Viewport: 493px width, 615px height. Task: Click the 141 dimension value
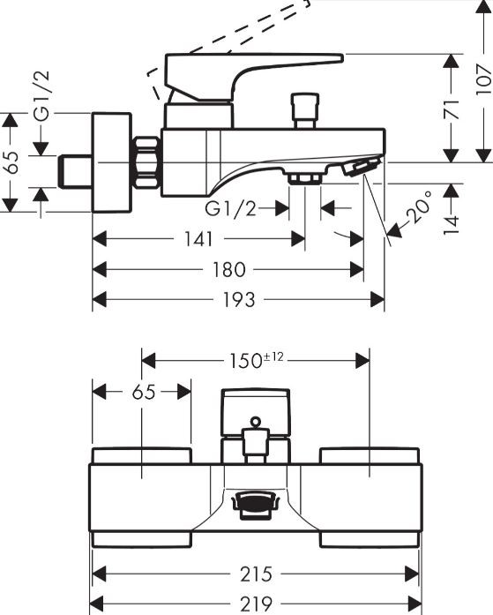pyautogui.click(x=198, y=239)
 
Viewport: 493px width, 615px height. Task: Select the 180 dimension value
pyautogui.click(x=229, y=269)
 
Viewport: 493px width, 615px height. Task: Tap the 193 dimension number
pyautogui.click(x=239, y=300)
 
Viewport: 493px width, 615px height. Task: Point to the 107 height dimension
pyautogui.click(x=483, y=80)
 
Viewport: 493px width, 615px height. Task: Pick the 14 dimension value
pyautogui.click(x=452, y=225)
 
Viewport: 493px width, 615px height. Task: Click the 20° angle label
pyautogui.click(x=419, y=206)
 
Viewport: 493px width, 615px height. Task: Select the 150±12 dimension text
pyautogui.click(x=256, y=361)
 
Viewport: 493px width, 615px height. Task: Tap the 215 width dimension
pyautogui.click(x=256, y=574)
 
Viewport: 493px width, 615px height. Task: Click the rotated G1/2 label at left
pyautogui.click(x=41, y=95)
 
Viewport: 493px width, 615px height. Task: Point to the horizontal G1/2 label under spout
pyautogui.click(x=230, y=208)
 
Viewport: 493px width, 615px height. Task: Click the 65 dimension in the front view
pyautogui.click(x=144, y=392)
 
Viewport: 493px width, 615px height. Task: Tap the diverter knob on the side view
pyautogui.click(x=305, y=110)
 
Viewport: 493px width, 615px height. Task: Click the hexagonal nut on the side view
pyautogui.click(x=147, y=162)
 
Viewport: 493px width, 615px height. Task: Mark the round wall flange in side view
pyautogui.click(x=111, y=162)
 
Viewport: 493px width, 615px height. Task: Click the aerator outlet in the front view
pyautogui.click(x=256, y=505)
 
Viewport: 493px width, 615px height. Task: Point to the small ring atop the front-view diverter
pyautogui.click(x=256, y=422)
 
